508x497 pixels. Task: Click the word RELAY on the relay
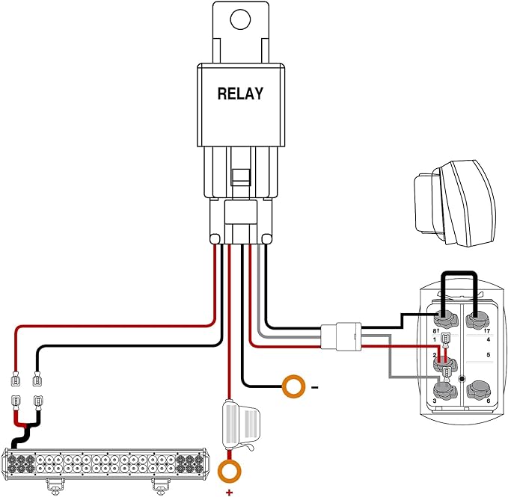point(240,94)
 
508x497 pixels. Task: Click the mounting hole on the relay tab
point(240,19)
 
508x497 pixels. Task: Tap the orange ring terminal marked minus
point(293,386)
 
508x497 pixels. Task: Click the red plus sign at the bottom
point(230,493)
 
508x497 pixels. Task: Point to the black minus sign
point(314,387)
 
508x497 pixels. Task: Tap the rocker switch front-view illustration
point(455,203)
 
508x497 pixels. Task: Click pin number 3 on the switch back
point(435,401)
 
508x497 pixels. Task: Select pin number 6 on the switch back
point(489,401)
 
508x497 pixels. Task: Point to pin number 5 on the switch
point(489,355)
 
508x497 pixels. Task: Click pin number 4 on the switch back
point(489,340)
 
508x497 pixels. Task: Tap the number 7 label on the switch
point(488,331)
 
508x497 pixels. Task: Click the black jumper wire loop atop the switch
point(459,274)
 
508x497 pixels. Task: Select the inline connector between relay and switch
point(341,336)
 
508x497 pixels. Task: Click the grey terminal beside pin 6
point(478,389)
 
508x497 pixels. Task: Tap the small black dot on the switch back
point(462,379)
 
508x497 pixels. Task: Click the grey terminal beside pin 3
point(445,390)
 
